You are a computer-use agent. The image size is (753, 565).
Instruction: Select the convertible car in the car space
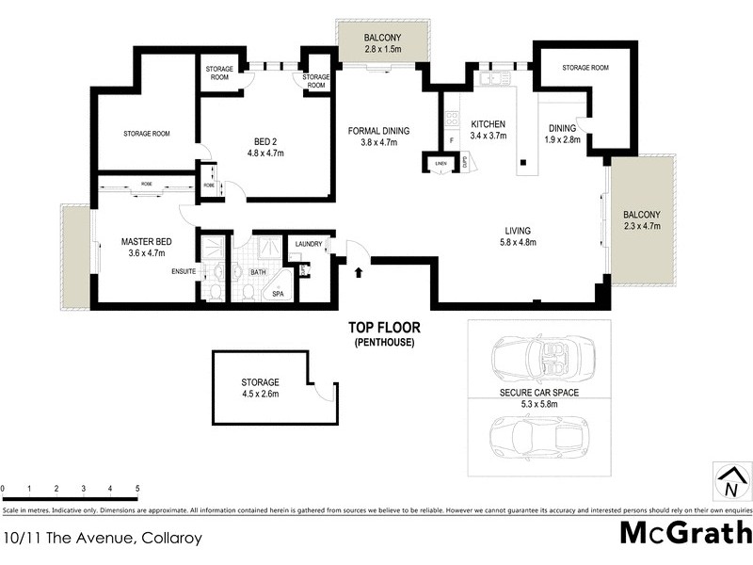(534, 358)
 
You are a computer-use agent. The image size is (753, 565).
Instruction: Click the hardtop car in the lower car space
(534, 436)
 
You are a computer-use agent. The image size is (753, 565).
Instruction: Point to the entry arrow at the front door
(359, 273)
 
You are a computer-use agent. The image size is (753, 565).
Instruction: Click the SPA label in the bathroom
(279, 294)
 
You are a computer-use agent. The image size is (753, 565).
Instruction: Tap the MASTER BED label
(144, 240)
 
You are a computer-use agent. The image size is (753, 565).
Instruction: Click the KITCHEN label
(489, 124)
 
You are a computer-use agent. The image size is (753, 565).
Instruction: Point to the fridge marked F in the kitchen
(452, 141)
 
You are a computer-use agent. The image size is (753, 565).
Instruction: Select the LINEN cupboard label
(440, 164)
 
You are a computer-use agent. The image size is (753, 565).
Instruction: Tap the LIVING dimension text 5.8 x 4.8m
(518, 242)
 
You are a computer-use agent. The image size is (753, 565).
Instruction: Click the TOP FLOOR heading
(384, 328)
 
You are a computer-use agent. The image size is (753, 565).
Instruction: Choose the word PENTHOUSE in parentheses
(384, 342)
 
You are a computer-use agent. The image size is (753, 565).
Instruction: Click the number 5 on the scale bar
(137, 490)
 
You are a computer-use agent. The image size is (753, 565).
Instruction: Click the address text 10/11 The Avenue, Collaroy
(102, 540)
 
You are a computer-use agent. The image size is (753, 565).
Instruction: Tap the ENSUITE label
(184, 271)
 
